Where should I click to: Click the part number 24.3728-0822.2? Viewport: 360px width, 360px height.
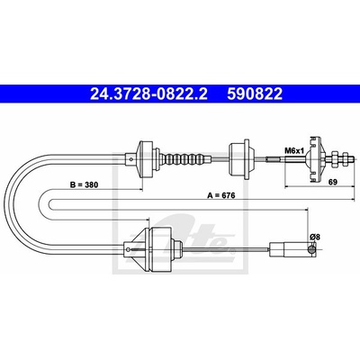point(148,94)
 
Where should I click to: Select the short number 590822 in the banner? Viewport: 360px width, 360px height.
point(255,94)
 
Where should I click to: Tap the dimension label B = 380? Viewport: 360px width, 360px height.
point(84,184)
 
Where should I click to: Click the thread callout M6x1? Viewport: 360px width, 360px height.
point(294,151)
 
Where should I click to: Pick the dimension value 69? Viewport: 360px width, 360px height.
point(333,182)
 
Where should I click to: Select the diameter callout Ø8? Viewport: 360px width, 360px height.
point(315,237)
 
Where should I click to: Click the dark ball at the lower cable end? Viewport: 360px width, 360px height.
point(312,249)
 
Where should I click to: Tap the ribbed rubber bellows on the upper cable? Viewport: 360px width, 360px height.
point(183,159)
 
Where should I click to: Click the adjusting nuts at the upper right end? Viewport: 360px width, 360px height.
point(341,158)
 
